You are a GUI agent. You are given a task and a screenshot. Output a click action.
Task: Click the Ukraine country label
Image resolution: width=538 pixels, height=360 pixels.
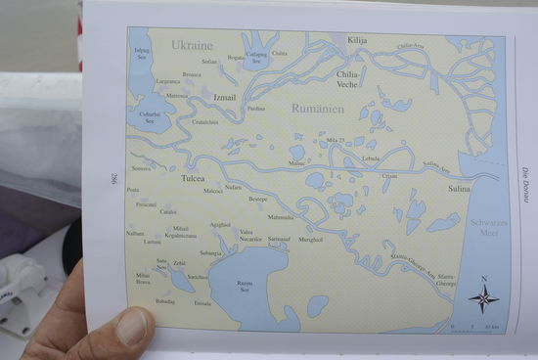[192, 45]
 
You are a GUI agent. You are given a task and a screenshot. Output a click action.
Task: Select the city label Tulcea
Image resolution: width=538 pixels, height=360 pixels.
[193, 179]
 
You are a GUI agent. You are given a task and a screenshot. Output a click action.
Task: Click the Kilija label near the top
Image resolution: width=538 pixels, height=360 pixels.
[358, 40]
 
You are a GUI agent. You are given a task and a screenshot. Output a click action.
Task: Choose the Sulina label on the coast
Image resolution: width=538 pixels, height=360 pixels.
[459, 187]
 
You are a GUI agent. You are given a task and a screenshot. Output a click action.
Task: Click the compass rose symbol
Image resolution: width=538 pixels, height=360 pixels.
[483, 297]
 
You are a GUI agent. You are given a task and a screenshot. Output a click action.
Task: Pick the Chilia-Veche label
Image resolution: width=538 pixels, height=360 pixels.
[349, 77]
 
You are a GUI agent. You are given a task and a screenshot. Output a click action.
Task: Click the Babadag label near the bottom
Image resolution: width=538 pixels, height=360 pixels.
[166, 301]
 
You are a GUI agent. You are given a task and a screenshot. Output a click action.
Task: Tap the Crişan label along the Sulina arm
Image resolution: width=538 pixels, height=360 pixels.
[390, 176]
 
